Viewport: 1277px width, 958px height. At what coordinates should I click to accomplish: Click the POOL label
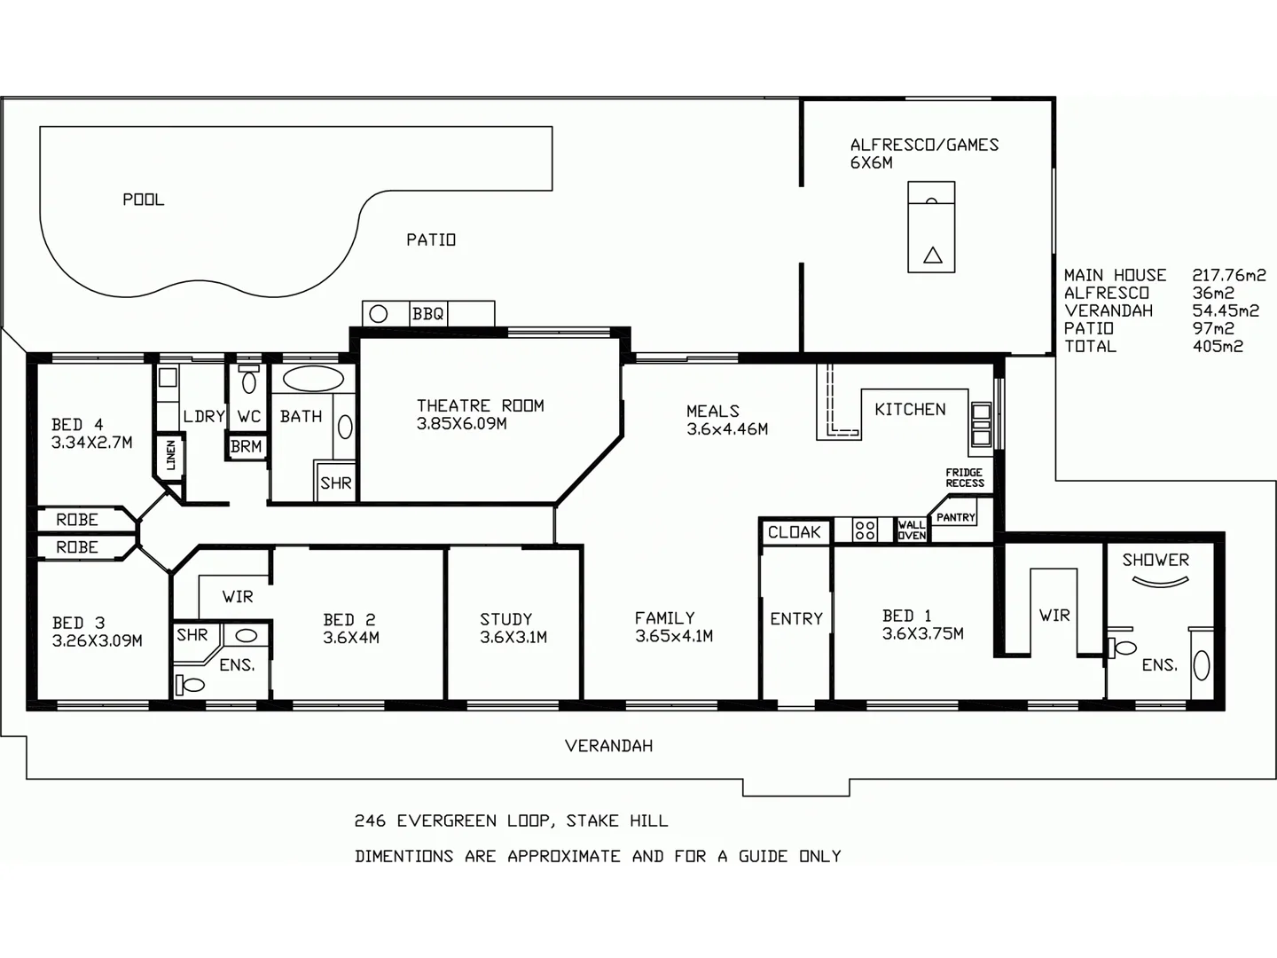point(143,200)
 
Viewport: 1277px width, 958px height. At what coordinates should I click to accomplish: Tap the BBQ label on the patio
point(427,314)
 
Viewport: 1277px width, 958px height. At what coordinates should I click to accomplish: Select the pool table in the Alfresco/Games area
point(931,227)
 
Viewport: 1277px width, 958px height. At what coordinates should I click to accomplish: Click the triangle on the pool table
point(932,255)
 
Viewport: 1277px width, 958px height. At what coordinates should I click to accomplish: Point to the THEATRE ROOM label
point(480,405)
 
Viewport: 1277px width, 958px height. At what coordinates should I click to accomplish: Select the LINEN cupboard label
point(170,456)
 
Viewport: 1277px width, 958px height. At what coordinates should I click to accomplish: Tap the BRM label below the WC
point(246,446)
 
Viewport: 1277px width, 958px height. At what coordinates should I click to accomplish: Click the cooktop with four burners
point(865,530)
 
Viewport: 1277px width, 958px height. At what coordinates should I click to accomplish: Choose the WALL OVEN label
point(911,530)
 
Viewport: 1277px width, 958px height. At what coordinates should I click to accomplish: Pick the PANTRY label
point(955,517)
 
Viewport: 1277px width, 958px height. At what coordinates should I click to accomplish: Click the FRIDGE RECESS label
point(965,478)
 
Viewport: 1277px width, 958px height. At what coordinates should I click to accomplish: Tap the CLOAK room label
point(794,532)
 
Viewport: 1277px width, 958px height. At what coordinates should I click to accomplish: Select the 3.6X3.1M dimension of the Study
point(513,637)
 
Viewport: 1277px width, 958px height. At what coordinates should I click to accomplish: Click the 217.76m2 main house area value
point(1228,275)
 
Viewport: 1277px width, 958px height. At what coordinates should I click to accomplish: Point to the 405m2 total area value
point(1218,346)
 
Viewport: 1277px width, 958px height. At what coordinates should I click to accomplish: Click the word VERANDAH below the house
point(608,746)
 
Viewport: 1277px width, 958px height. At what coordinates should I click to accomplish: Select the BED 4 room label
point(77,425)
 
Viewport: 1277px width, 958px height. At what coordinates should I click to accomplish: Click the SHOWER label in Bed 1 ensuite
point(1155,560)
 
